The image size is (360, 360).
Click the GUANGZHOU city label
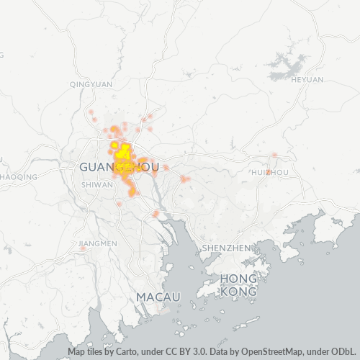[x=118, y=167]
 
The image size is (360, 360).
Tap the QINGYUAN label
[x=91, y=84]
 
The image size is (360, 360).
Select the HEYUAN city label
[x=307, y=80]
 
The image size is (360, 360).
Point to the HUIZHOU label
[x=271, y=173]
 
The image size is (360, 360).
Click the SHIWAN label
[x=98, y=184]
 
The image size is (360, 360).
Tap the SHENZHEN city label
[x=226, y=248]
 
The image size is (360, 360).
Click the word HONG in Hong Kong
[x=238, y=279]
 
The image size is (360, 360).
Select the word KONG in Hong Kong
[x=238, y=292]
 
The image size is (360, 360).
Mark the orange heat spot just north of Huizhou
[x=274, y=156]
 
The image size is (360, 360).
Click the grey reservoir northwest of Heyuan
[x=287, y=67]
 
